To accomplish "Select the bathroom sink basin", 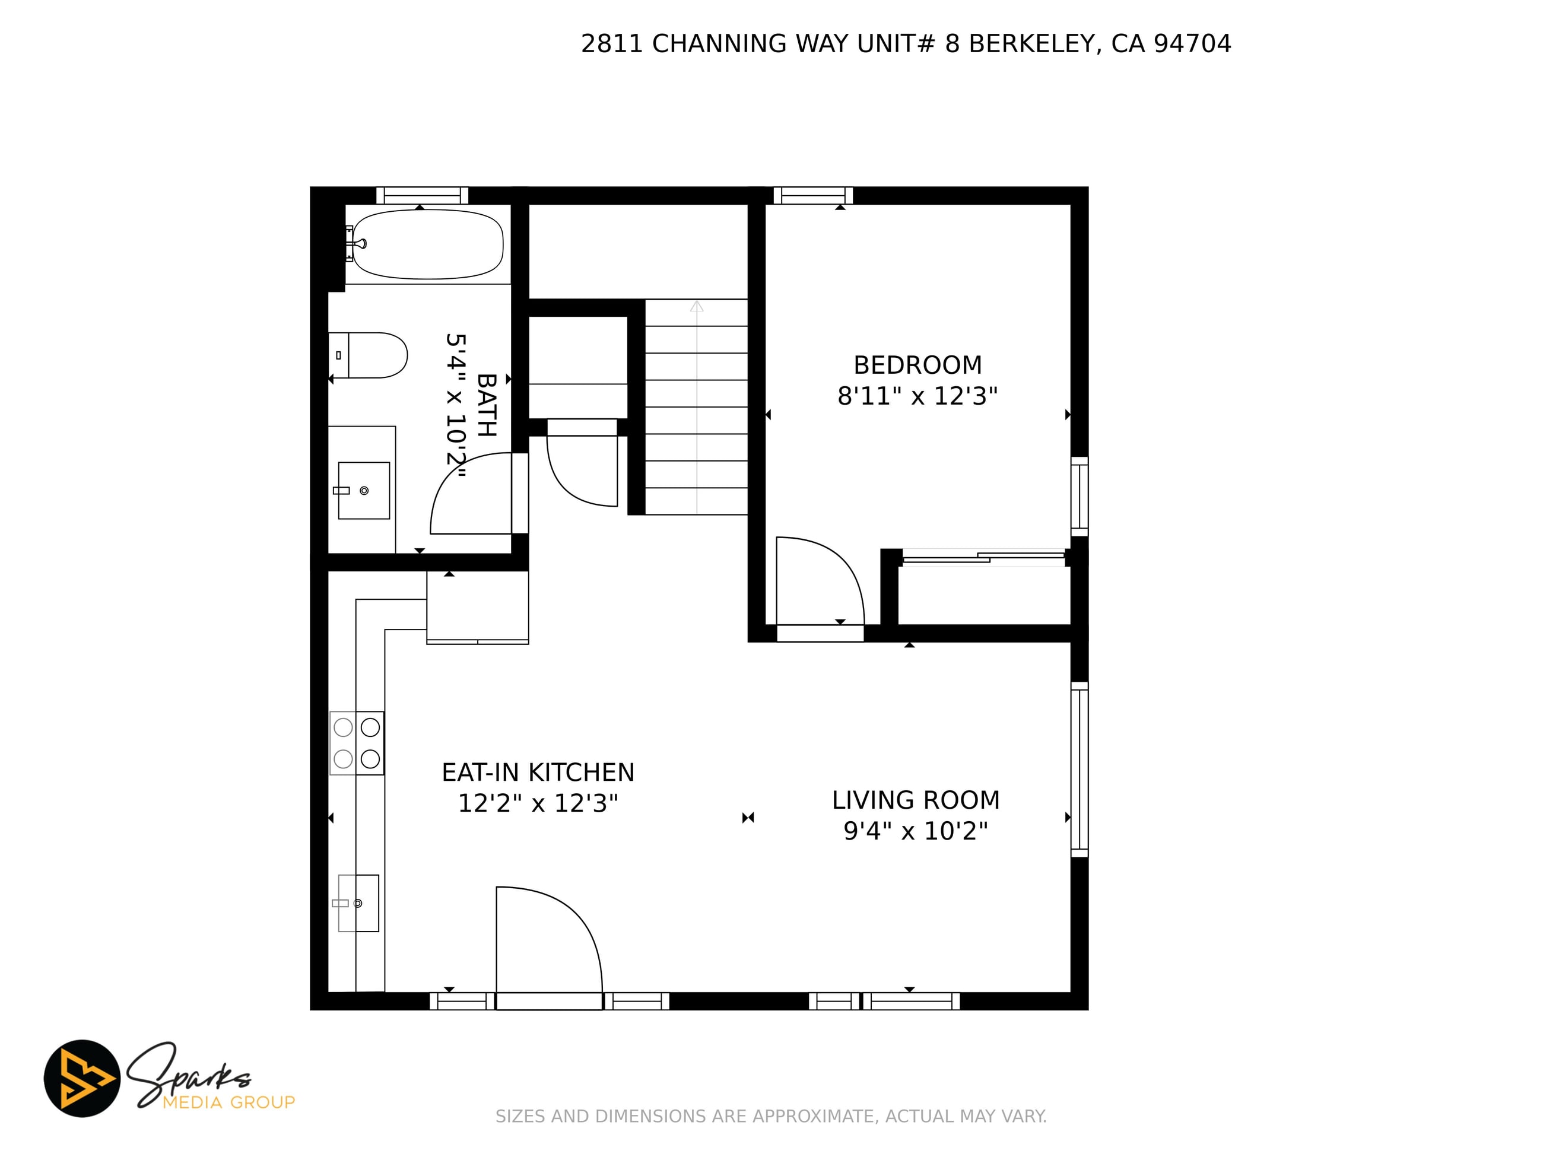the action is pos(363,490).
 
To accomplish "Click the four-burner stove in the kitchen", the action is pos(357,743).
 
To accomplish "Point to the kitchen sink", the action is pos(358,903).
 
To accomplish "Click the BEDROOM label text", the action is pos(917,365).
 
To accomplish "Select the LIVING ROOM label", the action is pos(916,800).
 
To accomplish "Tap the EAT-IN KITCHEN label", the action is pos(538,773).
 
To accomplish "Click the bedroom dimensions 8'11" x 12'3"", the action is pos(917,396).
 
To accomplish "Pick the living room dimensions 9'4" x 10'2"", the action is pos(916,831).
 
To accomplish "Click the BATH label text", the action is pos(487,405).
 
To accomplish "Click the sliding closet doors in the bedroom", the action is pos(983,557).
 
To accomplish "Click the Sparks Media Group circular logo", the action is pos(82,1078).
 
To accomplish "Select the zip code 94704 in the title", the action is pos(1192,44).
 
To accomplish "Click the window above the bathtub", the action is pos(422,195).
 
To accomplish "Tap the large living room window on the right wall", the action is pos(1079,769).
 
